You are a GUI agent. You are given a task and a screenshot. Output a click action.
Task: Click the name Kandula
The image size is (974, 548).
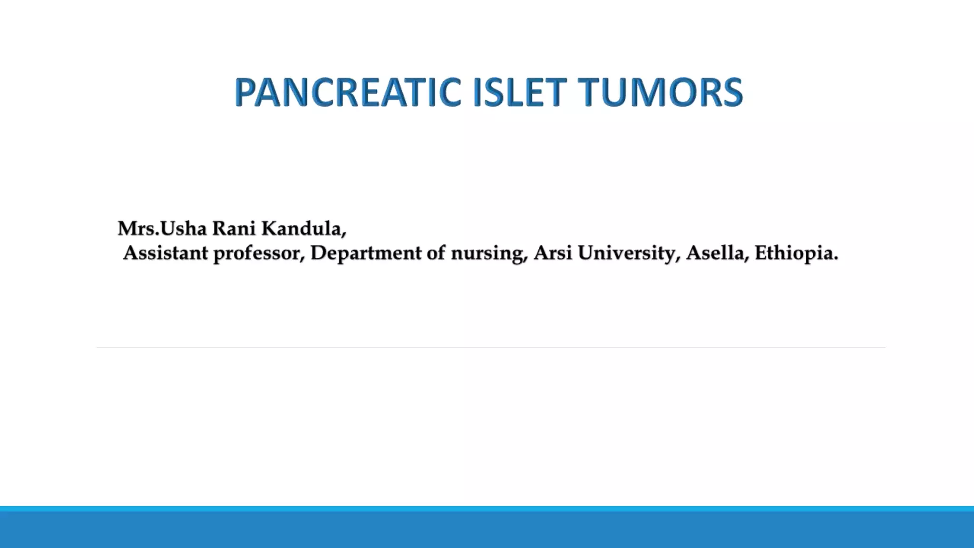[303, 229]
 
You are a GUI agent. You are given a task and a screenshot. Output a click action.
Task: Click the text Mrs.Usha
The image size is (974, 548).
[162, 229]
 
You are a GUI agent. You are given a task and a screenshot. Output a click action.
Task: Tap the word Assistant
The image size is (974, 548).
[165, 253]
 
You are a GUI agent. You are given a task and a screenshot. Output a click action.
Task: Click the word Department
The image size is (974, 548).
[366, 253]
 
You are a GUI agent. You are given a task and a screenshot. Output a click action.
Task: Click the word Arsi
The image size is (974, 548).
[553, 253]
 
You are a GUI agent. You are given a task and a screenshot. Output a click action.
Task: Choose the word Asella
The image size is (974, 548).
[717, 253]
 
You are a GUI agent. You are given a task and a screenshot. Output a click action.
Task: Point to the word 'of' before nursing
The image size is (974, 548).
[436, 253]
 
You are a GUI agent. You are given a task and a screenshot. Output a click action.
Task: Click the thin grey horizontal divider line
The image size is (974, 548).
[490, 347]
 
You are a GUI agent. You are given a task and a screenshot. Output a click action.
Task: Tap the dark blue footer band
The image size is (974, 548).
[487, 530]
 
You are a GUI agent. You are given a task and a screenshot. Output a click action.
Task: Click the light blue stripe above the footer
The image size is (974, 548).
[487, 509]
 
